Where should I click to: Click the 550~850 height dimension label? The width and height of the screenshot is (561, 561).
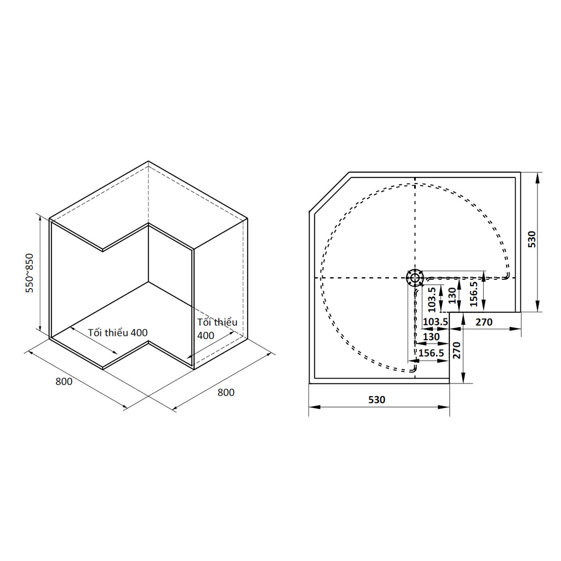pos(30,273)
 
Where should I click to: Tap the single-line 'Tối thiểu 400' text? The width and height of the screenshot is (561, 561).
pos(118,333)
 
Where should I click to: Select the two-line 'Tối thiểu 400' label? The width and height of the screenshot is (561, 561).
pos(217,329)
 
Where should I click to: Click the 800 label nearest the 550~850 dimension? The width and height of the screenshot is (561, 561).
pos(64,381)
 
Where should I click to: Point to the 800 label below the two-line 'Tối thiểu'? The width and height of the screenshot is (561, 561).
pos(226,392)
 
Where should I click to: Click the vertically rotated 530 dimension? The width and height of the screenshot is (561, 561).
pos(531,239)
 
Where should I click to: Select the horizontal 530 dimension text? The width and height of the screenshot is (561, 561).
pos(377,399)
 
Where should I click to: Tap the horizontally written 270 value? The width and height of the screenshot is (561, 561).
pos(484,322)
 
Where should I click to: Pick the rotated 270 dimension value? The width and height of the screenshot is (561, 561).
pos(456,350)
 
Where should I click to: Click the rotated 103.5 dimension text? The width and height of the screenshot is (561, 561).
pos(432,300)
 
